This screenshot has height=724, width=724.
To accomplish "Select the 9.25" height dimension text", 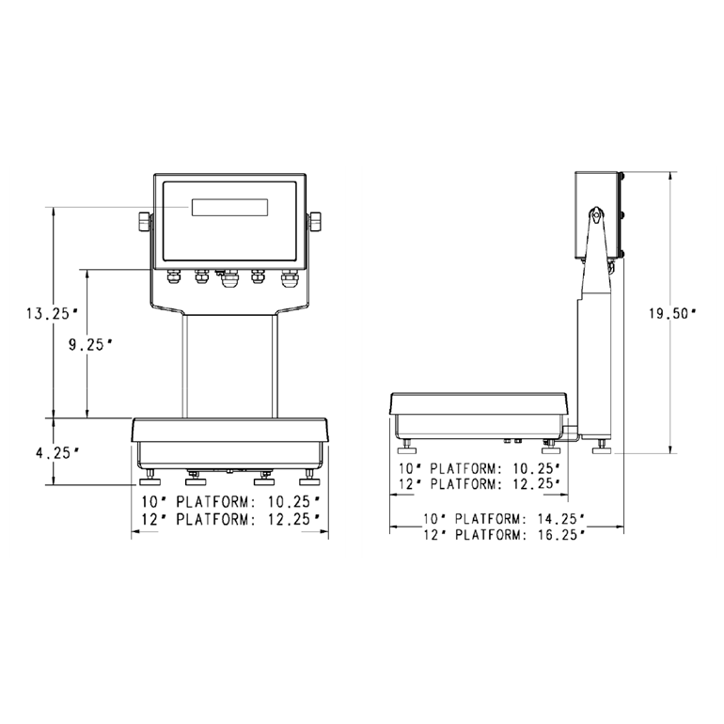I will click(91, 344).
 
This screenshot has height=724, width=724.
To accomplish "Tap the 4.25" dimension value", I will click(56, 452).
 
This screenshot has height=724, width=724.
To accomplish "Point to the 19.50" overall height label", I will click(672, 314).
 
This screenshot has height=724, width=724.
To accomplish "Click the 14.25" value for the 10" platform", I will click(559, 518).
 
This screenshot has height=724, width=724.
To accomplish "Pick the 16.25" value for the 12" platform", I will click(559, 534).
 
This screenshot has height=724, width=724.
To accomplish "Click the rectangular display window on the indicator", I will click(230, 207).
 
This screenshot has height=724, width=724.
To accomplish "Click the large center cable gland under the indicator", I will click(228, 279).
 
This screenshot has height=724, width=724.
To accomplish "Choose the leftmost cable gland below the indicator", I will click(172, 277).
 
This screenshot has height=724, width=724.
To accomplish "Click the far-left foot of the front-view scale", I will click(148, 475).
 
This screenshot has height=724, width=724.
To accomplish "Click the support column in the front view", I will click(229, 367).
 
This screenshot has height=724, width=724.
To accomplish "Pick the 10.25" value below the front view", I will click(292, 502).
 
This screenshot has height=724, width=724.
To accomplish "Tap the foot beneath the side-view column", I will click(599, 448).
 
